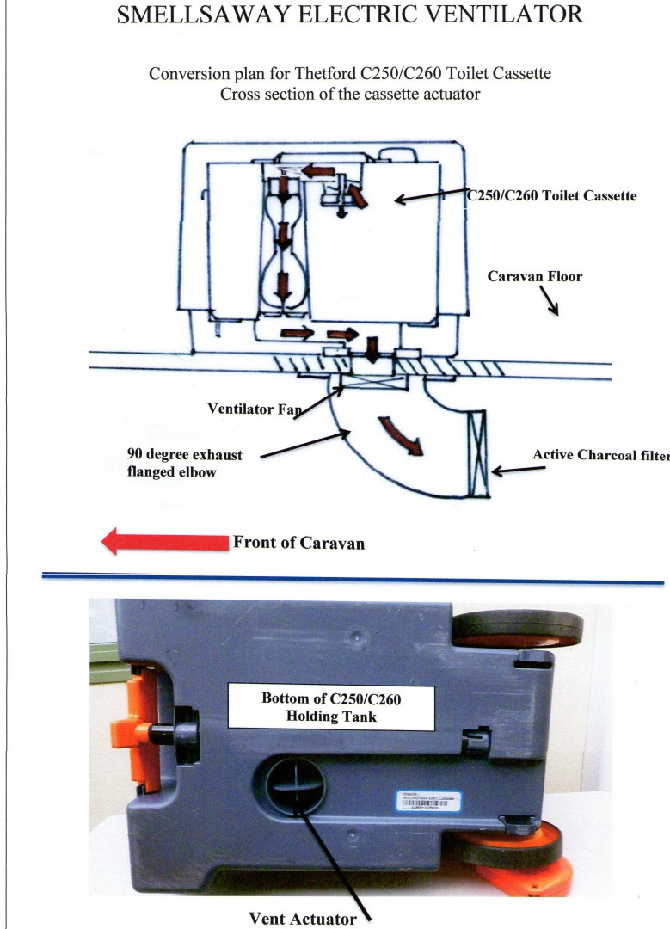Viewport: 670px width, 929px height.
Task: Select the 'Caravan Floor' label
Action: point(534,277)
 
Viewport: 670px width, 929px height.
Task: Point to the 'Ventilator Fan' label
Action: point(255,409)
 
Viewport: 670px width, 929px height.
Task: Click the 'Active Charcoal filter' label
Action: point(600,455)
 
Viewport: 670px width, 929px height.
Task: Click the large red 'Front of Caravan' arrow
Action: point(163,542)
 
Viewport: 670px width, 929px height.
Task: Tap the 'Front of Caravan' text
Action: point(298,543)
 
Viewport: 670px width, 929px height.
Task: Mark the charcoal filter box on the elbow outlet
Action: point(476,453)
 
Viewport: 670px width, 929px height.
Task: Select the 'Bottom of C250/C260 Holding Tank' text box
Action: point(331,707)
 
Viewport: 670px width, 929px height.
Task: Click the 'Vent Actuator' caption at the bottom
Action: point(302,919)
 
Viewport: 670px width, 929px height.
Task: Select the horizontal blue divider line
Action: point(353,581)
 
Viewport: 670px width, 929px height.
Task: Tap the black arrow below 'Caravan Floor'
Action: point(549,301)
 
